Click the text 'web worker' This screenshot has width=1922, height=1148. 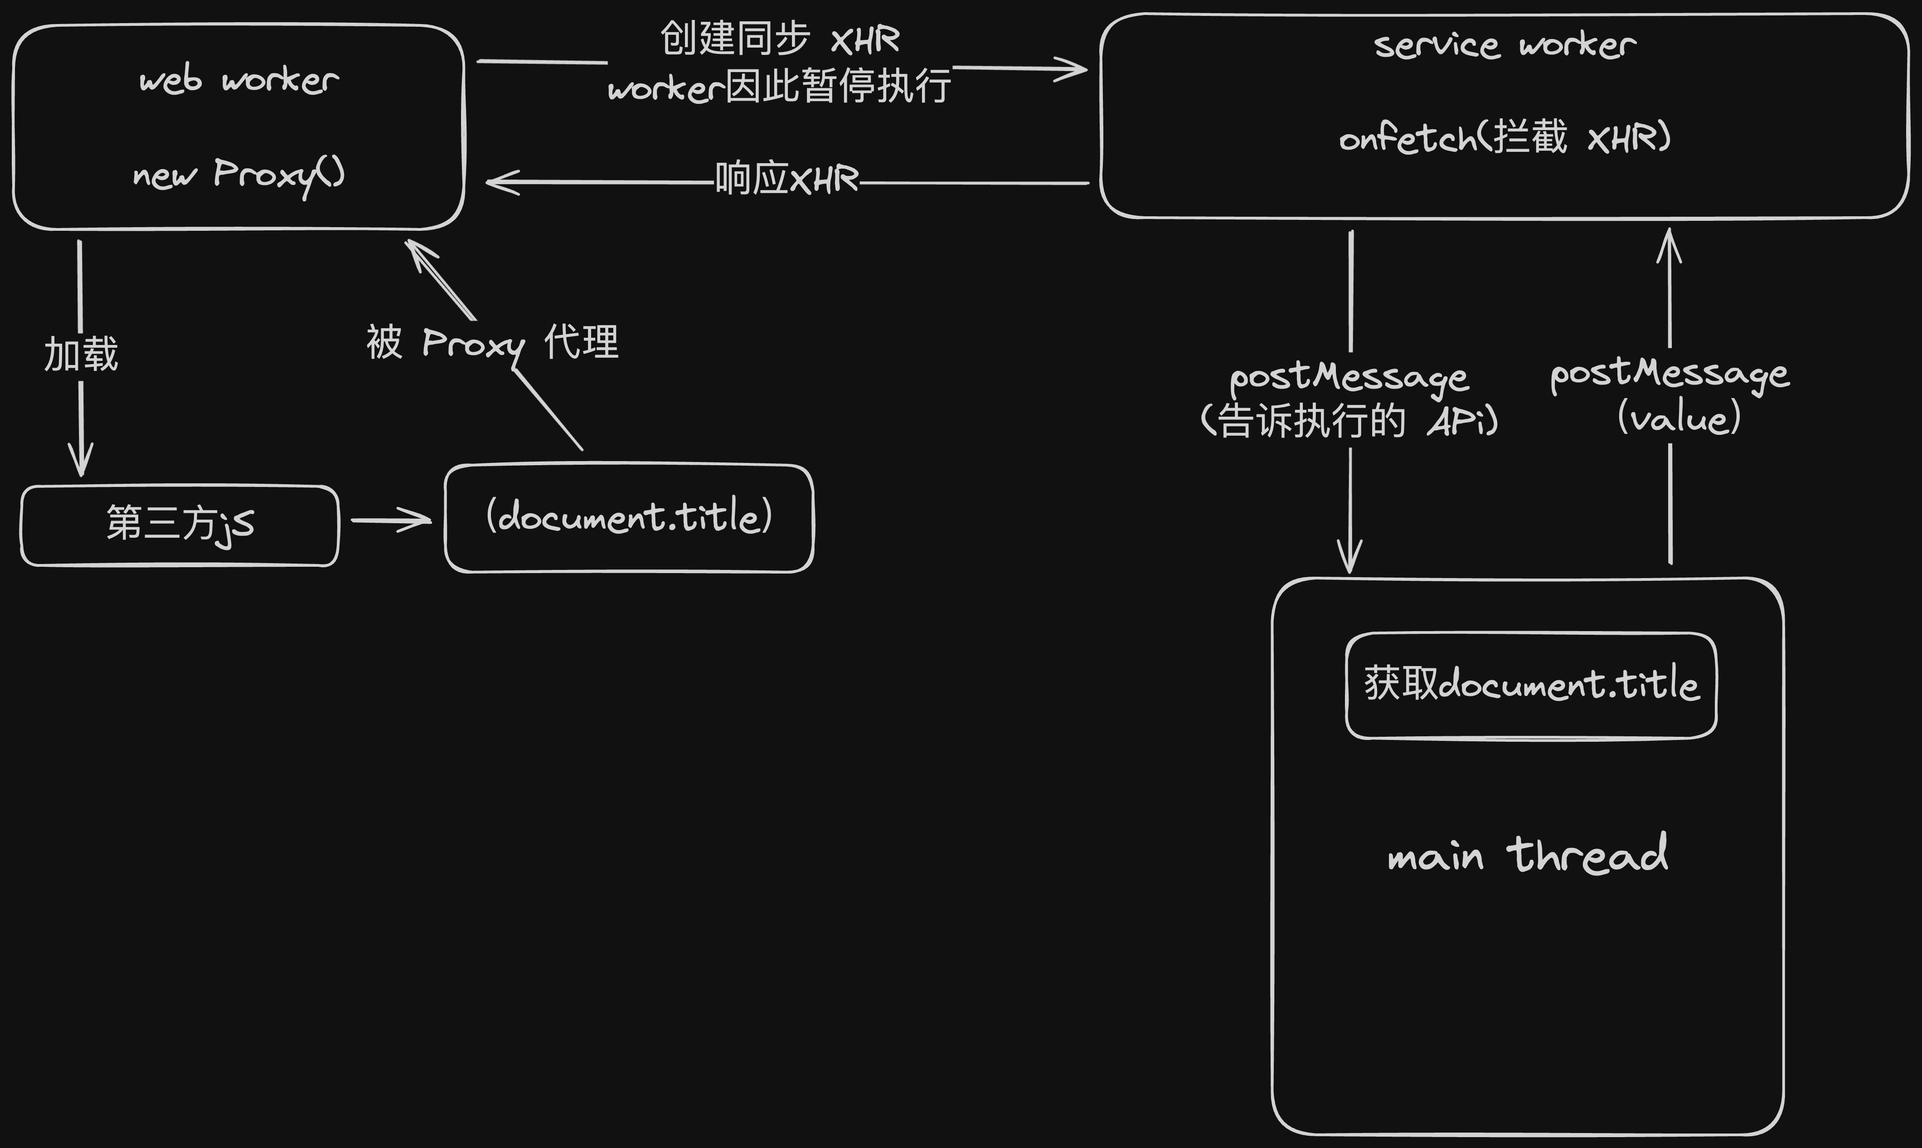239,80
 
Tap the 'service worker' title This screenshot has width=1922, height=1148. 1505,45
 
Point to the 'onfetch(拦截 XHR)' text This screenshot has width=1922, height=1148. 1505,138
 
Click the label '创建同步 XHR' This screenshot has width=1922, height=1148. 780,39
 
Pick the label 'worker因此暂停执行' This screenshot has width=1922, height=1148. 780,87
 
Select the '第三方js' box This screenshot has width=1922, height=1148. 180,525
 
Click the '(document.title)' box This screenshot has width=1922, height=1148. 629,517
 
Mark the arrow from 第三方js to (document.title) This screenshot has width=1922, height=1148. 391,520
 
